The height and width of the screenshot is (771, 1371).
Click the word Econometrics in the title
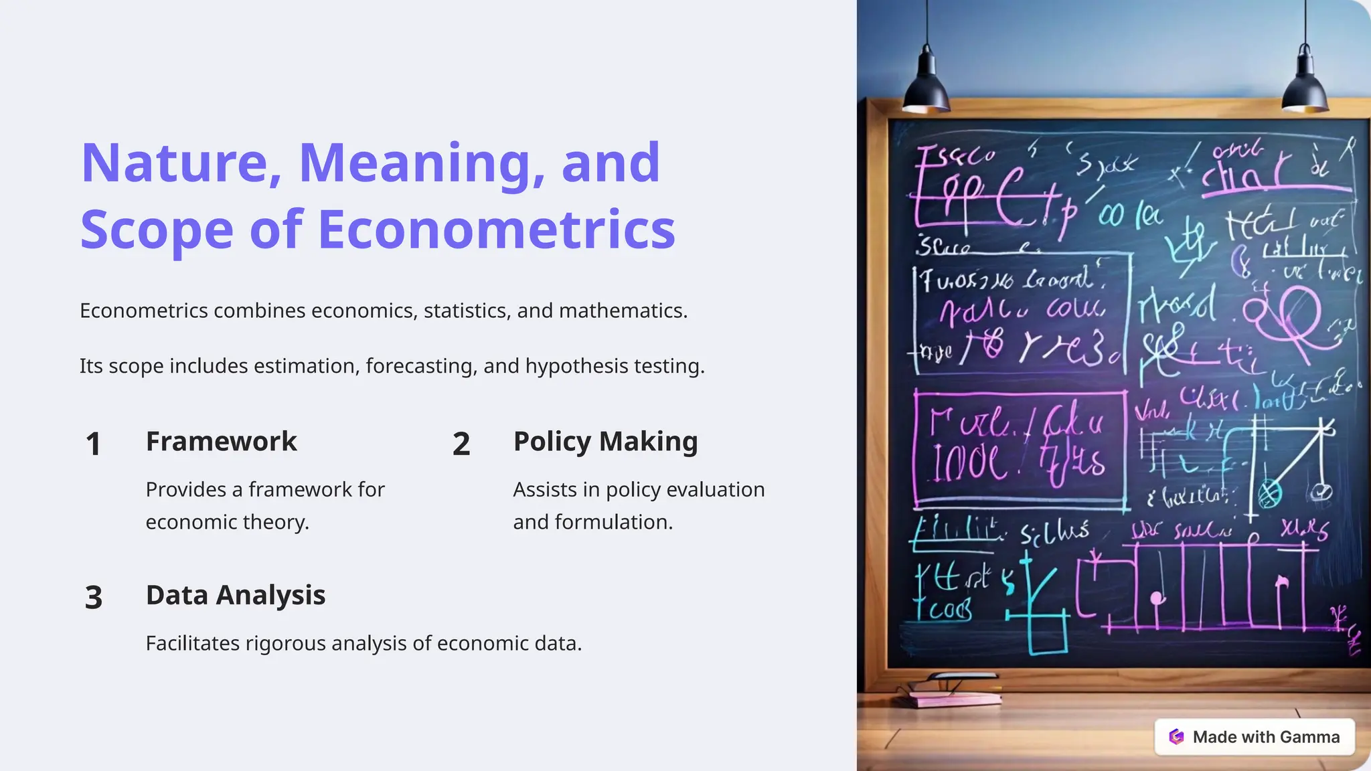click(x=496, y=230)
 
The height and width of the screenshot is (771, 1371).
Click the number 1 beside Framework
click(x=94, y=444)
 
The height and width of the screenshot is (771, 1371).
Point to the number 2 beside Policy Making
click(x=461, y=444)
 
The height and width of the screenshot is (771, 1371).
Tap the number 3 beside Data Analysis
click(x=94, y=598)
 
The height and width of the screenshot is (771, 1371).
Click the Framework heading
click(x=221, y=442)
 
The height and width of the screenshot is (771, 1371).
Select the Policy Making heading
click(x=605, y=442)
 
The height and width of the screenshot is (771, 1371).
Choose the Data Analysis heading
click(x=236, y=595)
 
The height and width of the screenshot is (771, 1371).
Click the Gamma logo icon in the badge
click(x=1176, y=737)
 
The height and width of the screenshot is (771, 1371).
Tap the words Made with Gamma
click(x=1266, y=737)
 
